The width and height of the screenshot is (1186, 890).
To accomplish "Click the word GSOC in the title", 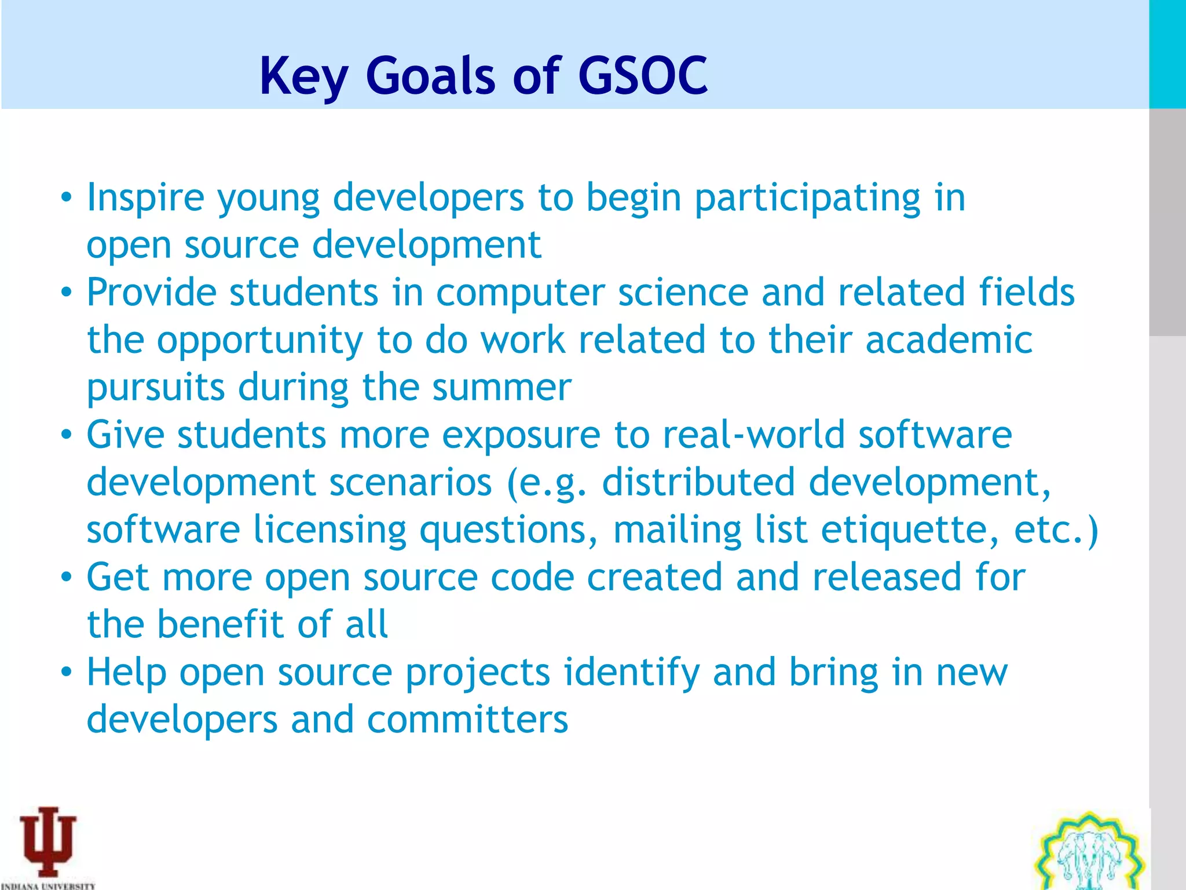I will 642,76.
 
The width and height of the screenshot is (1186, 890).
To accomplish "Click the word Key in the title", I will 303,77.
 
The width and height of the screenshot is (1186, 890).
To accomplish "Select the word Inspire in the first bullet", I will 145,198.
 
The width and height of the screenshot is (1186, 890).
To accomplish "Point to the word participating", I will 807,198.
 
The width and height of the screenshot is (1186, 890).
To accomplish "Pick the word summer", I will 502,387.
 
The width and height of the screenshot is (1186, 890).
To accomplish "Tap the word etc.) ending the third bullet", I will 1056,530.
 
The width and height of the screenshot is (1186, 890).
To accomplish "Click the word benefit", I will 221,625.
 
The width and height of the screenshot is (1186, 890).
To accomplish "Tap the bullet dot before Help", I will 67,673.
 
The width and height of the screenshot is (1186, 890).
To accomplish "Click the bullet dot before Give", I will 67,435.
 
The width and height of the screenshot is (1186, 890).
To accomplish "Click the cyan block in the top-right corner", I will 1167,54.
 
